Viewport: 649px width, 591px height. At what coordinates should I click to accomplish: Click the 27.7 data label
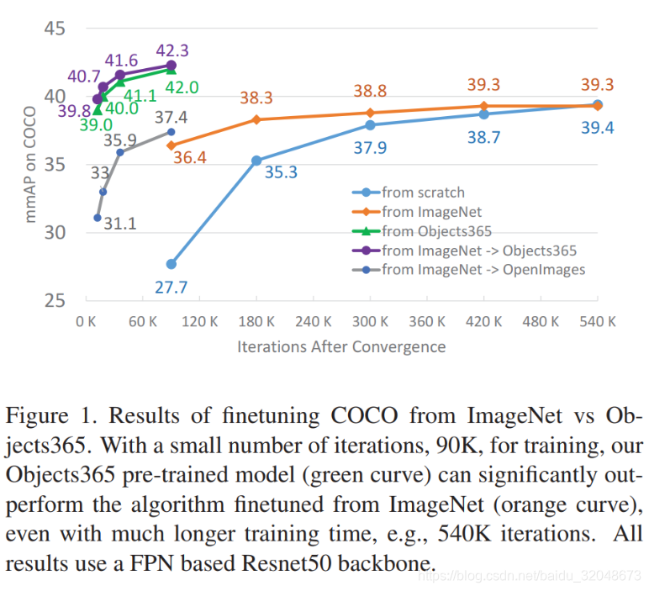(x=171, y=288)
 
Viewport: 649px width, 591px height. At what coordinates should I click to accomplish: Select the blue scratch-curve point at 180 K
(x=256, y=161)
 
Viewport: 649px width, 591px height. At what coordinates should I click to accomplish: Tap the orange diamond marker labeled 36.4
(x=171, y=145)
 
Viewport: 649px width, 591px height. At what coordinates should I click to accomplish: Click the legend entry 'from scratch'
(x=422, y=193)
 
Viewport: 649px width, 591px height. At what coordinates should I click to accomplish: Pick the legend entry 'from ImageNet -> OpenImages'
(x=483, y=269)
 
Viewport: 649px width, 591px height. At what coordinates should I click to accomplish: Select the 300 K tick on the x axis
(x=370, y=321)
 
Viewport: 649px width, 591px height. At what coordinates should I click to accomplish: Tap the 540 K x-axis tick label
(x=598, y=321)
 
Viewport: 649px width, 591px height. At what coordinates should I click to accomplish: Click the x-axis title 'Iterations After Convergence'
(x=341, y=346)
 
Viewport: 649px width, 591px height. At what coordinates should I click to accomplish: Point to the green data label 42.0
(x=182, y=87)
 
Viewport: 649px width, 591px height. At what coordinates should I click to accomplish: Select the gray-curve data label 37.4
(x=171, y=118)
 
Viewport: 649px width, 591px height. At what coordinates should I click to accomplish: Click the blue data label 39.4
(x=598, y=127)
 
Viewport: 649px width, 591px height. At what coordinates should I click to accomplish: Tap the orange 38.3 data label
(x=256, y=98)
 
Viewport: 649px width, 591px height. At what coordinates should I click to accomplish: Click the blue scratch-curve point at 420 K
(x=483, y=114)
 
